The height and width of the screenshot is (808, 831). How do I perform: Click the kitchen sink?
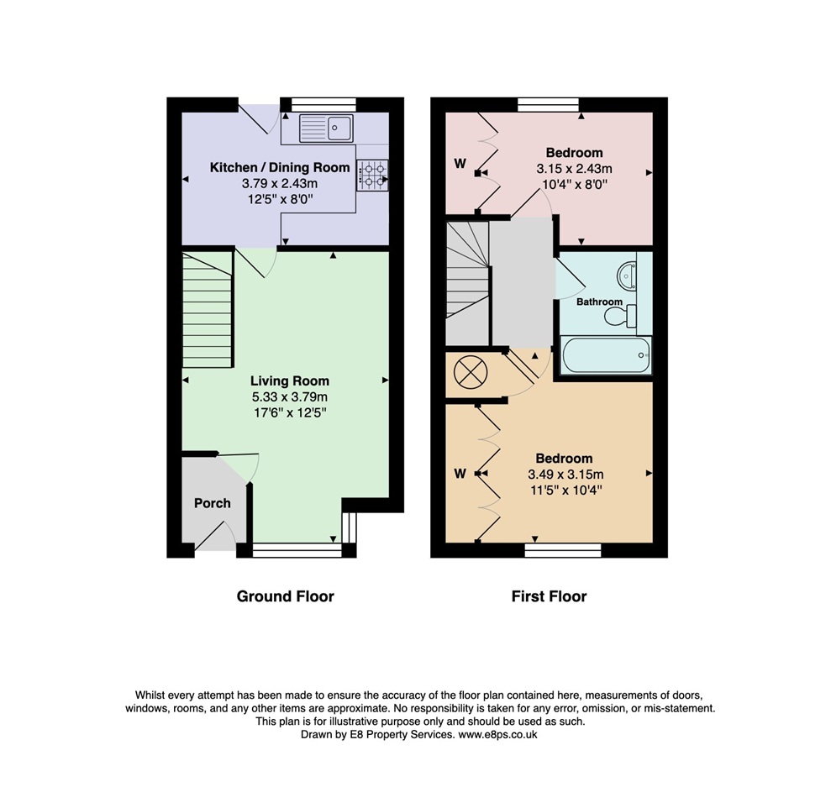coord(329,129)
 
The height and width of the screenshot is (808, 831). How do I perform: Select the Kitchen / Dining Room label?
coord(280,167)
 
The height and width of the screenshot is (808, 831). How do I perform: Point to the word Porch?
coord(212,503)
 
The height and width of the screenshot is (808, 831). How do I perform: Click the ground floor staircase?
coord(207,311)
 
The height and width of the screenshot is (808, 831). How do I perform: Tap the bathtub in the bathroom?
coord(606,354)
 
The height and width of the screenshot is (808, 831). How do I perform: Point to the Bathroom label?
coord(600,302)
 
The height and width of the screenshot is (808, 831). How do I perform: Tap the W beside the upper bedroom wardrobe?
coord(460,164)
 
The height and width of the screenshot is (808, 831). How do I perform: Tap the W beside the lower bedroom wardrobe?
coord(460,474)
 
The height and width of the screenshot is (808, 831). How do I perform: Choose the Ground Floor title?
coord(285,596)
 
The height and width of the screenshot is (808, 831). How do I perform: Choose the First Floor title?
coord(549,596)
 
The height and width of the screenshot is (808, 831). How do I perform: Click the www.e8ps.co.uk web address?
coord(497,734)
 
